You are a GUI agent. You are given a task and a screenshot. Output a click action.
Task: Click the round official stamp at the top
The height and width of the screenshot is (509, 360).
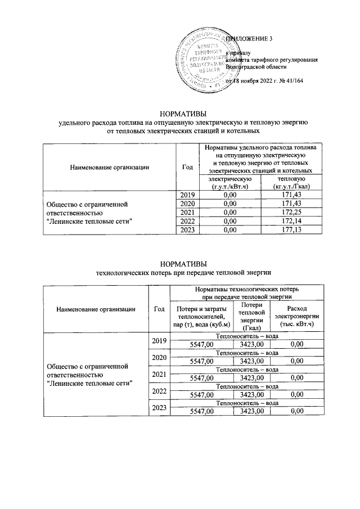click(205, 62)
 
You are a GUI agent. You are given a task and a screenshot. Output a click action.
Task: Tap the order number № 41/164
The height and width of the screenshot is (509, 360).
click(290, 81)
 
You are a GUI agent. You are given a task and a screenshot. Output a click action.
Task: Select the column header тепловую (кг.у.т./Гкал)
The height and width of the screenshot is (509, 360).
click(291, 182)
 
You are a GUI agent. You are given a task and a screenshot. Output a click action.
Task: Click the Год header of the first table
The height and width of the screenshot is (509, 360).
click(187, 166)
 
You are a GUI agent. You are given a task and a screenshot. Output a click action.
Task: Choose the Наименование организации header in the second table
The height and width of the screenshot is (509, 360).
click(95, 308)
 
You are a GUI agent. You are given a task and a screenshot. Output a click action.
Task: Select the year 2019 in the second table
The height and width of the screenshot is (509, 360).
click(159, 341)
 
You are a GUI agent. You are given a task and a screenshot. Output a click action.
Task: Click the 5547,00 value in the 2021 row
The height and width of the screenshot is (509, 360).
click(202, 379)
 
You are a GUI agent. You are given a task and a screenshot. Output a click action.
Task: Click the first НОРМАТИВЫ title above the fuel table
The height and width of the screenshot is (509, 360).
click(183, 112)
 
